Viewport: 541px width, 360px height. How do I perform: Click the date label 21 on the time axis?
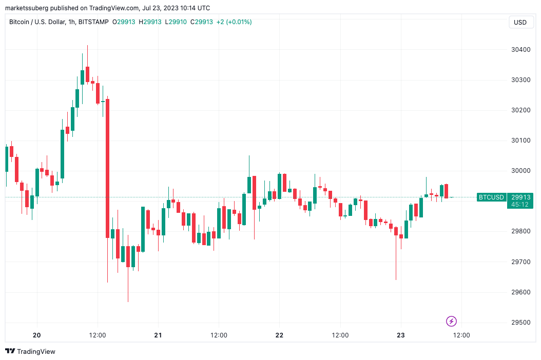click(x=158, y=335)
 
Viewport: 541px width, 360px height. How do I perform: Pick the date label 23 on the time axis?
click(x=401, y=335)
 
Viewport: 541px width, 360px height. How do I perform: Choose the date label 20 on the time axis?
click(x=36, y=335)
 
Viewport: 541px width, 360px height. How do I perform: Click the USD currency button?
click(x=520, y=22)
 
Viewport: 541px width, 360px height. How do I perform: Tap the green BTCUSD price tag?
click(x=490, y=197)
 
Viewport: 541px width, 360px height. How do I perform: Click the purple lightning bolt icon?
click(x=451, y=322)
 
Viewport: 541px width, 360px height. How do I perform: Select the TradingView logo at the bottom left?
click(x=30, y=351)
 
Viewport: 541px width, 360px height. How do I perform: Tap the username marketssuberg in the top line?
click(x=28, y=8)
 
